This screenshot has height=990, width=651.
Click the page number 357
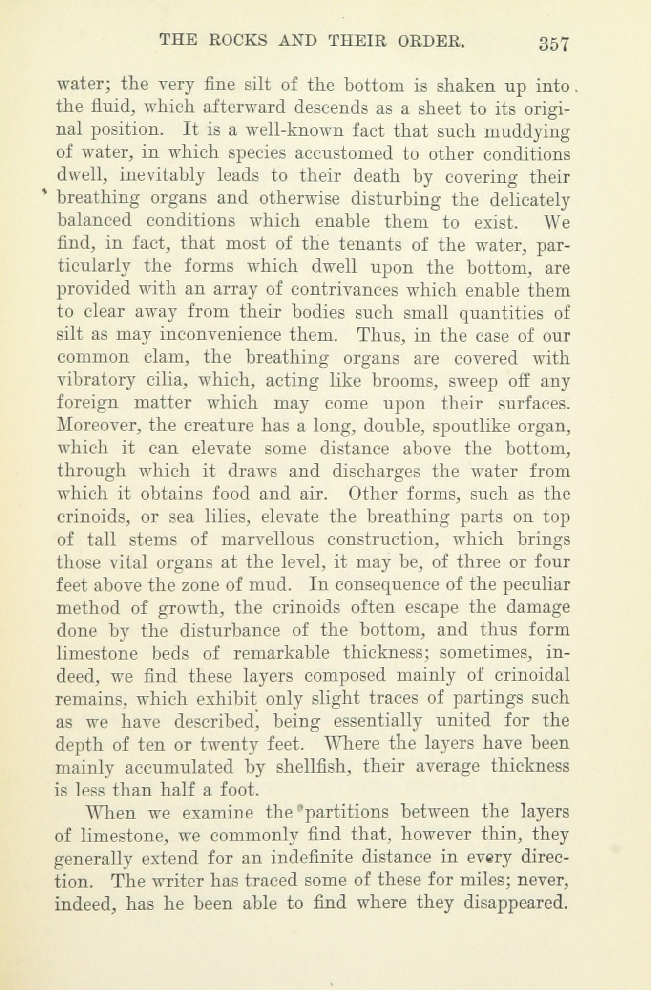click(x=554, y=44)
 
